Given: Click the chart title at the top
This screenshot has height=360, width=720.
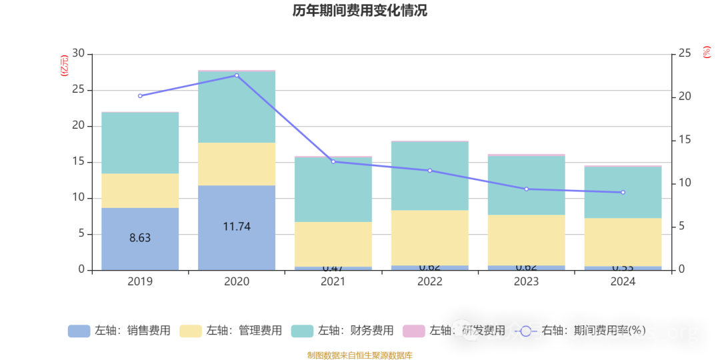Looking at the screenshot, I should click(359, 11).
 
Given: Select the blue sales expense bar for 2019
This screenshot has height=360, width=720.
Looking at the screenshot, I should click(140, 239).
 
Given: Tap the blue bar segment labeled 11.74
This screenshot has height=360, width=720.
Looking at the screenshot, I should click(237, 227).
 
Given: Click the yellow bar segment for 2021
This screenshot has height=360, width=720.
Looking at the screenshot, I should click(333, 244).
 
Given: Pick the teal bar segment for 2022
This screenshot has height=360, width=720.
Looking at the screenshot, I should click(429, 176).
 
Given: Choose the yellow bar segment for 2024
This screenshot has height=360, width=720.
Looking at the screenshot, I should click(623, 242).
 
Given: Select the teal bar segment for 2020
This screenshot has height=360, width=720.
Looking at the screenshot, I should click(237, 107).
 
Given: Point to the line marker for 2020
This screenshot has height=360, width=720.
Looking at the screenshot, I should click(237, 75).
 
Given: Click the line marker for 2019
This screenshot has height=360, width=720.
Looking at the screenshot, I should click(140, 96).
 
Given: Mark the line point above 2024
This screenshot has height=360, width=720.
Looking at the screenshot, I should click(623, 193).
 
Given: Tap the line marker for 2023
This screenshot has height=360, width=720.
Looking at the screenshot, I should click(526, 189).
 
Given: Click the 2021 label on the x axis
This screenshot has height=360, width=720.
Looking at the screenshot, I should click(333, 282).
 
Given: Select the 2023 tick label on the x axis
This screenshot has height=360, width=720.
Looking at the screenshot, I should click(526, 282).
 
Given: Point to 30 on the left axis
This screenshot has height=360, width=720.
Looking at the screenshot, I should click(79, 53).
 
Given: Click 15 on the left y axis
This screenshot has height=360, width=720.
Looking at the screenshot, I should click(79, 162).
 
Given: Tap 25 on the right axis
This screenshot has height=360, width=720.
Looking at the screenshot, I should click(685, 53).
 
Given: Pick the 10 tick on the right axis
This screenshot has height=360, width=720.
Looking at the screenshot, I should click(685, 183).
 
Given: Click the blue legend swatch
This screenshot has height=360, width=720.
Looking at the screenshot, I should click(79, 331).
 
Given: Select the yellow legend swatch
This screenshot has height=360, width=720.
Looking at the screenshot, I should click(191, 331).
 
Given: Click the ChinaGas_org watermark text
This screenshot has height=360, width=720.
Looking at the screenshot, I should click(632, 331).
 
